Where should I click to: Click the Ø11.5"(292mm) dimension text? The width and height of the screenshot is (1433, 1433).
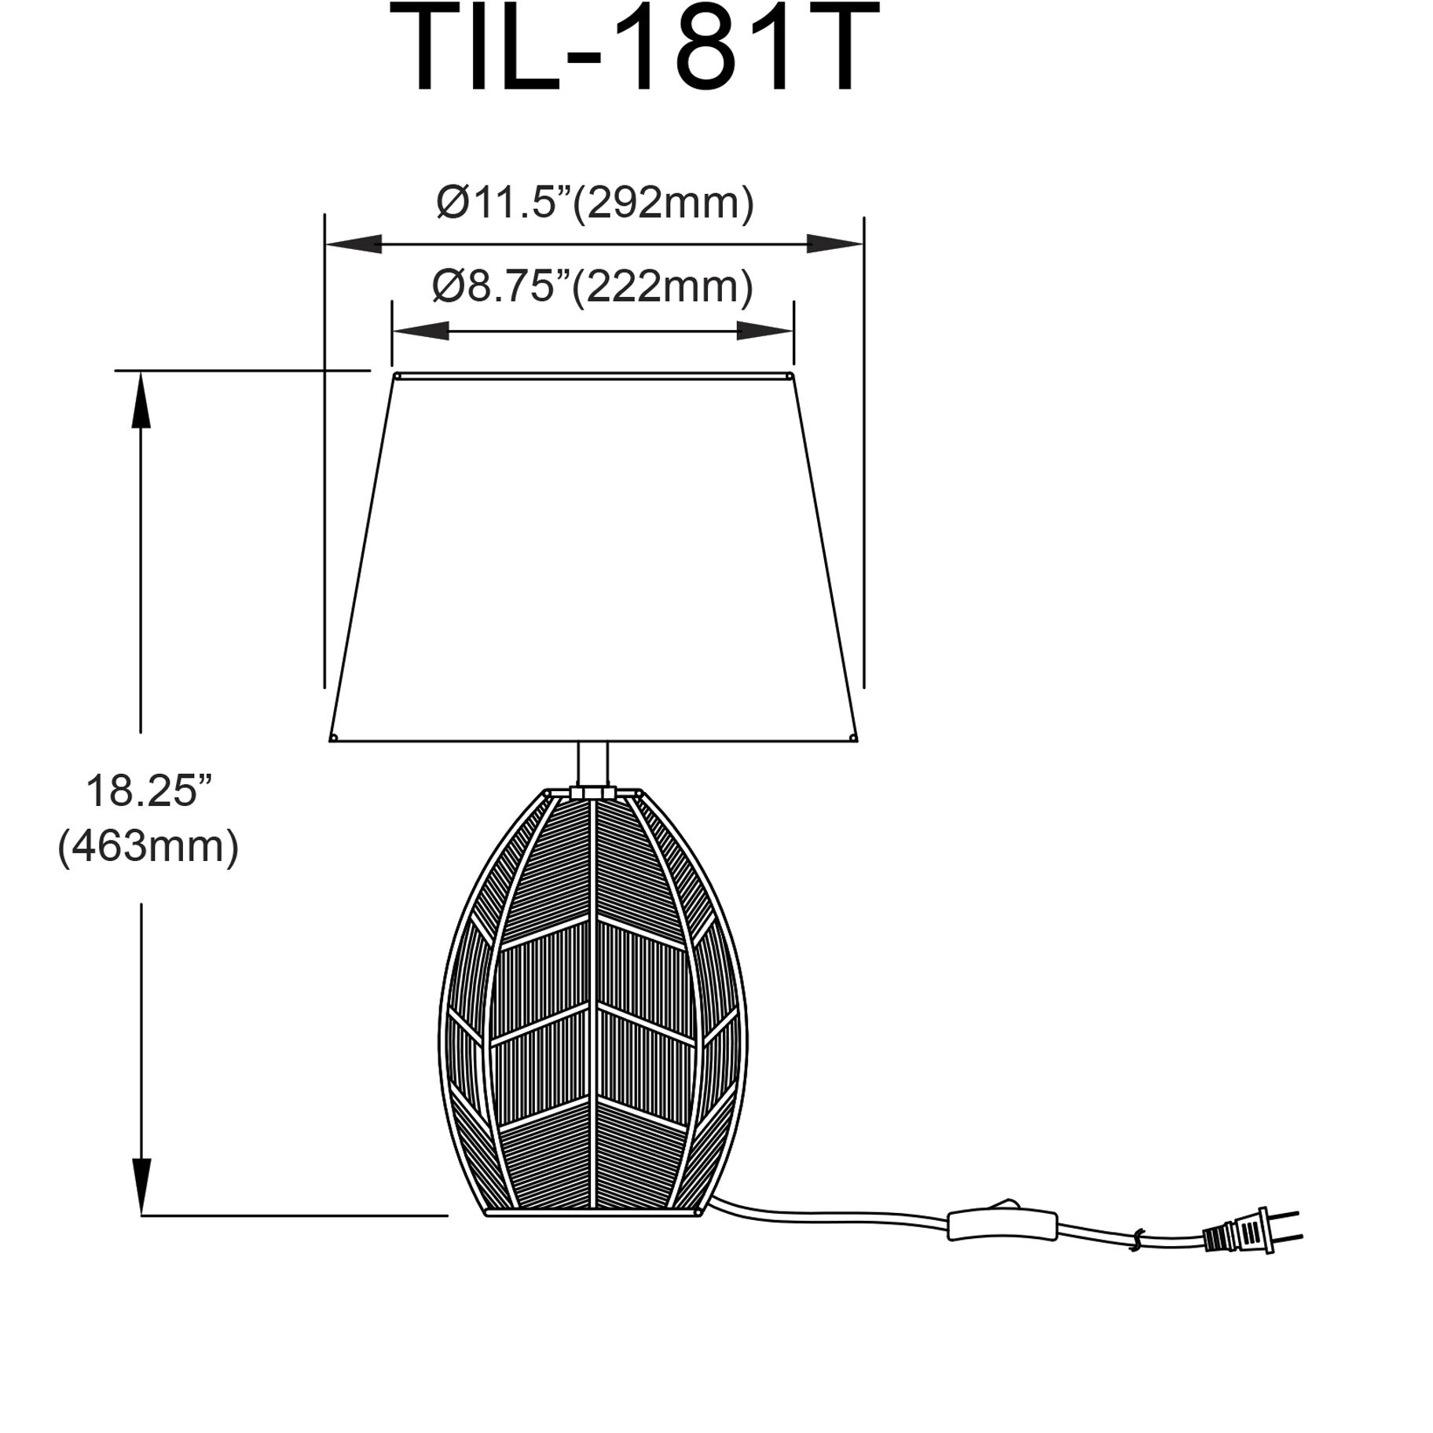tap(595, 203)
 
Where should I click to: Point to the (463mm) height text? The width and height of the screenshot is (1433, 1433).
tap(148, 847)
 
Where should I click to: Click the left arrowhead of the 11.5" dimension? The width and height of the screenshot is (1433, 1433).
tap(354, 244)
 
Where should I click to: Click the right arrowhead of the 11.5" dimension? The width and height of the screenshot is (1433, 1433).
tap(835, 244)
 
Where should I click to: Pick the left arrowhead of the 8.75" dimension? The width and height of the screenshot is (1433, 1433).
tap(420, 332)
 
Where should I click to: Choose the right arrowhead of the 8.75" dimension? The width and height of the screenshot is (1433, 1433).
tap(765, 332)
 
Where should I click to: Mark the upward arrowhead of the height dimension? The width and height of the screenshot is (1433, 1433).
tap(141, 400)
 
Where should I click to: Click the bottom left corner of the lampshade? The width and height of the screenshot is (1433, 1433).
tap(333, 738)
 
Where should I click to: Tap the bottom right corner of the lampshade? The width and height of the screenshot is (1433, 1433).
tap(854, 738)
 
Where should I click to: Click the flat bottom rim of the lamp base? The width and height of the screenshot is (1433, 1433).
tap(592, 1214)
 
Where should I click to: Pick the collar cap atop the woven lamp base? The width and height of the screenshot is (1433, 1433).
tap(592, 793)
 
